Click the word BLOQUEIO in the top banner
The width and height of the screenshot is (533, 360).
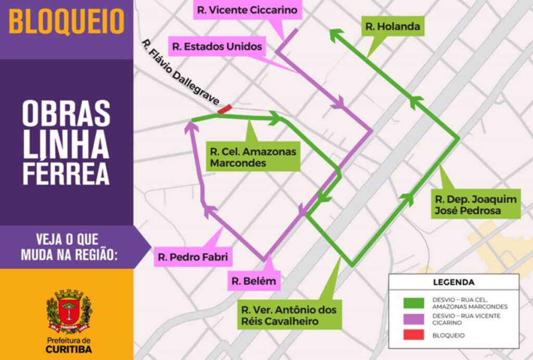[67, 22]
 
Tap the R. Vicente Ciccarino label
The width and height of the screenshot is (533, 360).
[247, 10]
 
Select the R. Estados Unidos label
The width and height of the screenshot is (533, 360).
[218, 47]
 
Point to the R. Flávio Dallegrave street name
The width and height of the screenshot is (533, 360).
[180, 72]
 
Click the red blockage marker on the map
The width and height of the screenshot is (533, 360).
[224, 109]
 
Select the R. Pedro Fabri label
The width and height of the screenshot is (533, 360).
[193, 257]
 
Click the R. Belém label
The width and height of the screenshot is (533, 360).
[254, 282]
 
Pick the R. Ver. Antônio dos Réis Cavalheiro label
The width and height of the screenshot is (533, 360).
[289, 315]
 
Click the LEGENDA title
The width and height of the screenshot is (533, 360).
[453, 282]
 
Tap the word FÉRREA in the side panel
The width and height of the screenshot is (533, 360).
[66, 175]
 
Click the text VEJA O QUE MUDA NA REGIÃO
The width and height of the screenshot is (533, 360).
[67, 247]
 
